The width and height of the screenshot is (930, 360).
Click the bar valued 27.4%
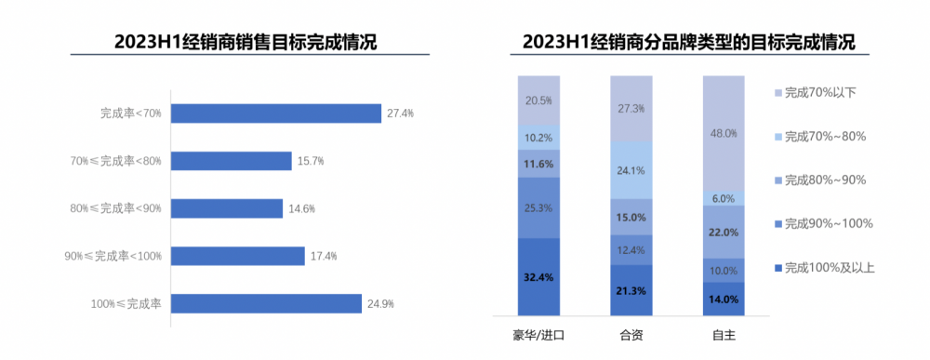277,113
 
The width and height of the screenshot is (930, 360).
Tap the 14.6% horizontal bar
228,208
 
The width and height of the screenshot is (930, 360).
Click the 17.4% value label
324,256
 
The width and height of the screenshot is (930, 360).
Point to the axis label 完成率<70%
131,113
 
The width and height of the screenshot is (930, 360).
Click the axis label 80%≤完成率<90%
116,208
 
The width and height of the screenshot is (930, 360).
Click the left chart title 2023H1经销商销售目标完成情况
246,42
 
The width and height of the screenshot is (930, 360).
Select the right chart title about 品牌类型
689,42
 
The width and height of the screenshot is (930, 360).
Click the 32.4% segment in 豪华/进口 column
539,276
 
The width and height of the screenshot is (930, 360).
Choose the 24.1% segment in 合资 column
631,170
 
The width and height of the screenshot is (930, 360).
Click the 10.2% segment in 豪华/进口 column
539,137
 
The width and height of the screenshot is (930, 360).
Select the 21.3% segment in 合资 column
631,290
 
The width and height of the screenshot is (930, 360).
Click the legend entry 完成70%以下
819,92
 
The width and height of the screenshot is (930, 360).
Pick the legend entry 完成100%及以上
828,268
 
